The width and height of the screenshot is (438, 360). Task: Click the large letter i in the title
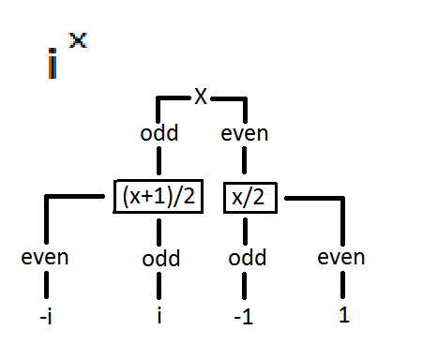pyautogui.click(x=53, y=63)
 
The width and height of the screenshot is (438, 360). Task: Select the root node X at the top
pyautogui.click(x=200, y=96)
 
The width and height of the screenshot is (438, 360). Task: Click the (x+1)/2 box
pyautogui.click(x=157, y=197)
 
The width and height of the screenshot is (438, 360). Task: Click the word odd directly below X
pyautogui.click(x=159, y=133)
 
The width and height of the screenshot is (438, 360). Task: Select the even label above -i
pyautogui.click(x=45, y=257)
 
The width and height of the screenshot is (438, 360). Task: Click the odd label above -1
pyautogui.click(x=246, y=258)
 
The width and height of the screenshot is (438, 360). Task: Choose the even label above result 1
pyautogui.click(x=341, y=257)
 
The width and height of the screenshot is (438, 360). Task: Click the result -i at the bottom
pyautogui.click(x=45, y=316)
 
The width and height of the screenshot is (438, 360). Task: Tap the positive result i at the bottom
pyautogui.click(x=159, y=315)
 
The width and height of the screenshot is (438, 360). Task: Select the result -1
pyautogui.click(x=245, y=316)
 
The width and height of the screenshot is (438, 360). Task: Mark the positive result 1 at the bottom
pyautogui.click(x=343, y=315)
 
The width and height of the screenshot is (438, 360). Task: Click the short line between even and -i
pyautogui.click(x=45, y=285)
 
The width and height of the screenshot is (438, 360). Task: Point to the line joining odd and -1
pyautogui.click(x=245, y=285)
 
